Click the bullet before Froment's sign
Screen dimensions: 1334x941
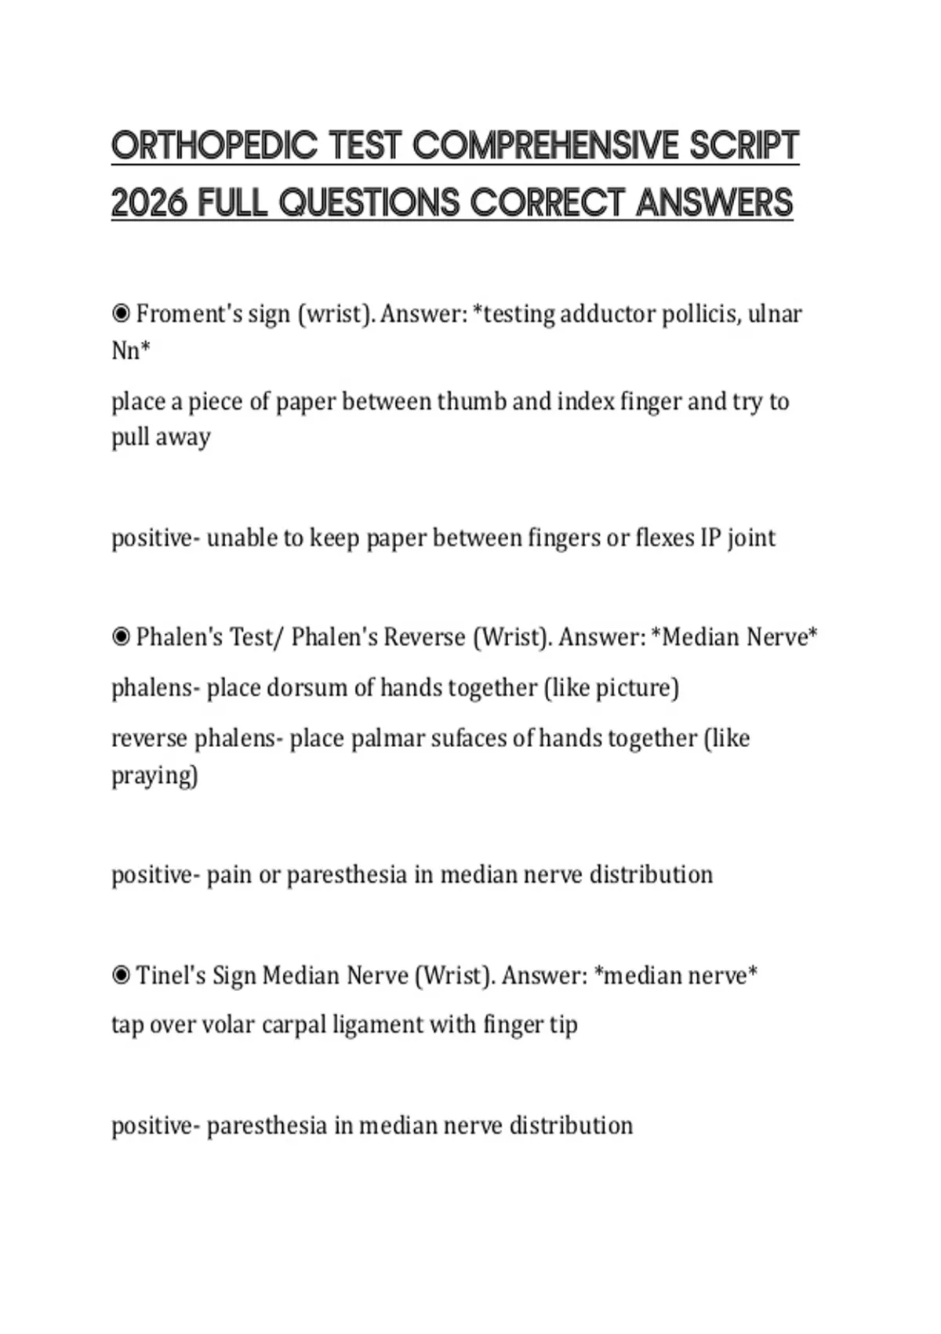(x=121, y=314)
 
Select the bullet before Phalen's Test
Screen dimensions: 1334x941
(x=121, y=636)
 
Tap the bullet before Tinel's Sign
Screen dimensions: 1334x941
(x=121, y=975)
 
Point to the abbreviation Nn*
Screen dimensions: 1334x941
(x=130, y=350)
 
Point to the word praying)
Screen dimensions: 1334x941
(x=154, y=775)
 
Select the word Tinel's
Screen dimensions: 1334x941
(x=170, y=975)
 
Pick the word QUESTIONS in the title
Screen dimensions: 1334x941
(x=369, y=203)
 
